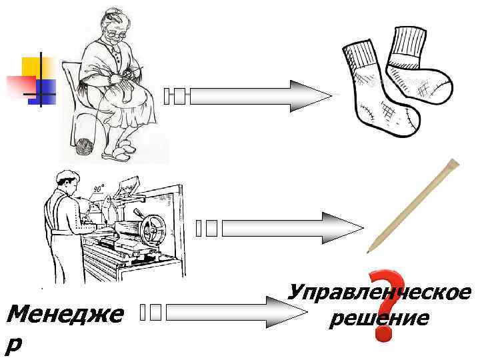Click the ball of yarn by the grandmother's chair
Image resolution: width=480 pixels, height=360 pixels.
point(85,147)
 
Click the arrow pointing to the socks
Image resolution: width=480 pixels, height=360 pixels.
point(260,96)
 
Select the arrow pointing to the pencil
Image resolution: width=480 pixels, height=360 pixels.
point(290,228)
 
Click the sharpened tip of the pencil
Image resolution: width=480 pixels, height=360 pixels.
point(369,250)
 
